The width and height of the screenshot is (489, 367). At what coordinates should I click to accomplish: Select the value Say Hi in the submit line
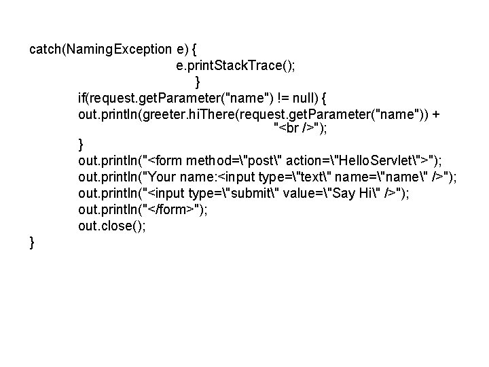tap(354, 192)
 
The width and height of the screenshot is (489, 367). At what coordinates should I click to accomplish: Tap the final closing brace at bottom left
tap(33, 241)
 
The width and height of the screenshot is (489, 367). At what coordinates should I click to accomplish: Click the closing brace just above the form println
tap(81, 144)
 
